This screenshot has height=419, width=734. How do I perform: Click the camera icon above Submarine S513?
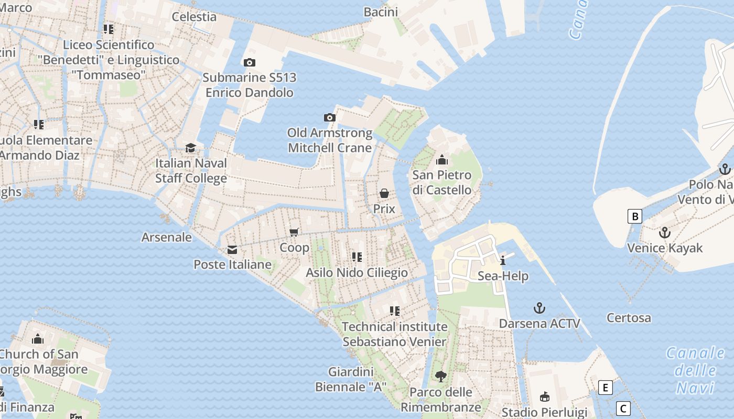[250, 62]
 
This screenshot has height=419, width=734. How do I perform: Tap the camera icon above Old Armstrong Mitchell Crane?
[330, 117]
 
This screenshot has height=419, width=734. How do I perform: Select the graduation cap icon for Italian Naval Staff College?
[191, 148]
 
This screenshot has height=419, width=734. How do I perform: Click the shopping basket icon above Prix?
[384, 193]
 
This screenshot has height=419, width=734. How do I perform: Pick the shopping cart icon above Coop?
[294, 232]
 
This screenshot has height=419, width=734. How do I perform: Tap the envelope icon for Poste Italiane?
[232, 250]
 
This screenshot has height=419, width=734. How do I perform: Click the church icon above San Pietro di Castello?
[442, 160]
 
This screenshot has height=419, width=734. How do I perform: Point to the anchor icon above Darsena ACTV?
[539, 308]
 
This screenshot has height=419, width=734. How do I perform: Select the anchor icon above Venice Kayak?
[665, 233]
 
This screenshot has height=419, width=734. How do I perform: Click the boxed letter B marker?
[635, 216]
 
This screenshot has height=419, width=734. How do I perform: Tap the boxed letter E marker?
[606, 388]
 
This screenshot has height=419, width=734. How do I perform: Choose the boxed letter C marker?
[623, 409]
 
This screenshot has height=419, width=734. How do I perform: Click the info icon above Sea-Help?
[503, 260]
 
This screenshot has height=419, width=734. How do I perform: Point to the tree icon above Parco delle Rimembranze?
[441, 376]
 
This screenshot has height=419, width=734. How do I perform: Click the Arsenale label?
[167, 237]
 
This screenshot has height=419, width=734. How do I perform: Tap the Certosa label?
[629, 318]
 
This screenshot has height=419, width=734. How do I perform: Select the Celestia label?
[194, 17]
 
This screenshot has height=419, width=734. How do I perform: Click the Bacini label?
[381, 12]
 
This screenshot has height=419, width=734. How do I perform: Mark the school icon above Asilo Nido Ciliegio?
[357, 257]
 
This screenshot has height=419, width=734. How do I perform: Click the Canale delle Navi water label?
[695, 370]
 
